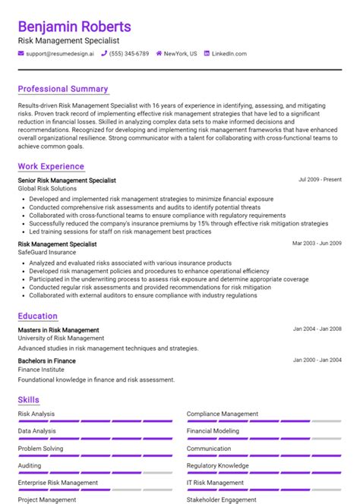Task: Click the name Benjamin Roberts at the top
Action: click(74, 27)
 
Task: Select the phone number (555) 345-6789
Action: click(129, 54)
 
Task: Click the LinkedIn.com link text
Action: click(229, 54)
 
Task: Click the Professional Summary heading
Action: click(63, 89)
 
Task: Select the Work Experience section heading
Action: click(51, 166)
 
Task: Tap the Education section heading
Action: click(38, 316)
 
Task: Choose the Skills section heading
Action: click(29, 400)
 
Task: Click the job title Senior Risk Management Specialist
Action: click(67, 181)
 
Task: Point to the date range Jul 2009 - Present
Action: click(320, 180)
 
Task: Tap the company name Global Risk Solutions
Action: click(47, 188)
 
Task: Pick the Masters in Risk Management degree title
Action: click(58, 330)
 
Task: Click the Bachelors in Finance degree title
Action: click(47, 361)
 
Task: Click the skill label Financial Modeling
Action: click(213, 431)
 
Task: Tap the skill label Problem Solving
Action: click(41, 449)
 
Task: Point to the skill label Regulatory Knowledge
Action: click(217, 465)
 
